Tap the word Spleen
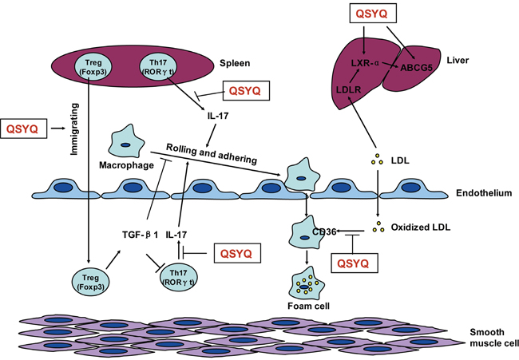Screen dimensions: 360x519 coord(236,61)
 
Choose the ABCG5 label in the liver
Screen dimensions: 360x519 coord(419,68)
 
